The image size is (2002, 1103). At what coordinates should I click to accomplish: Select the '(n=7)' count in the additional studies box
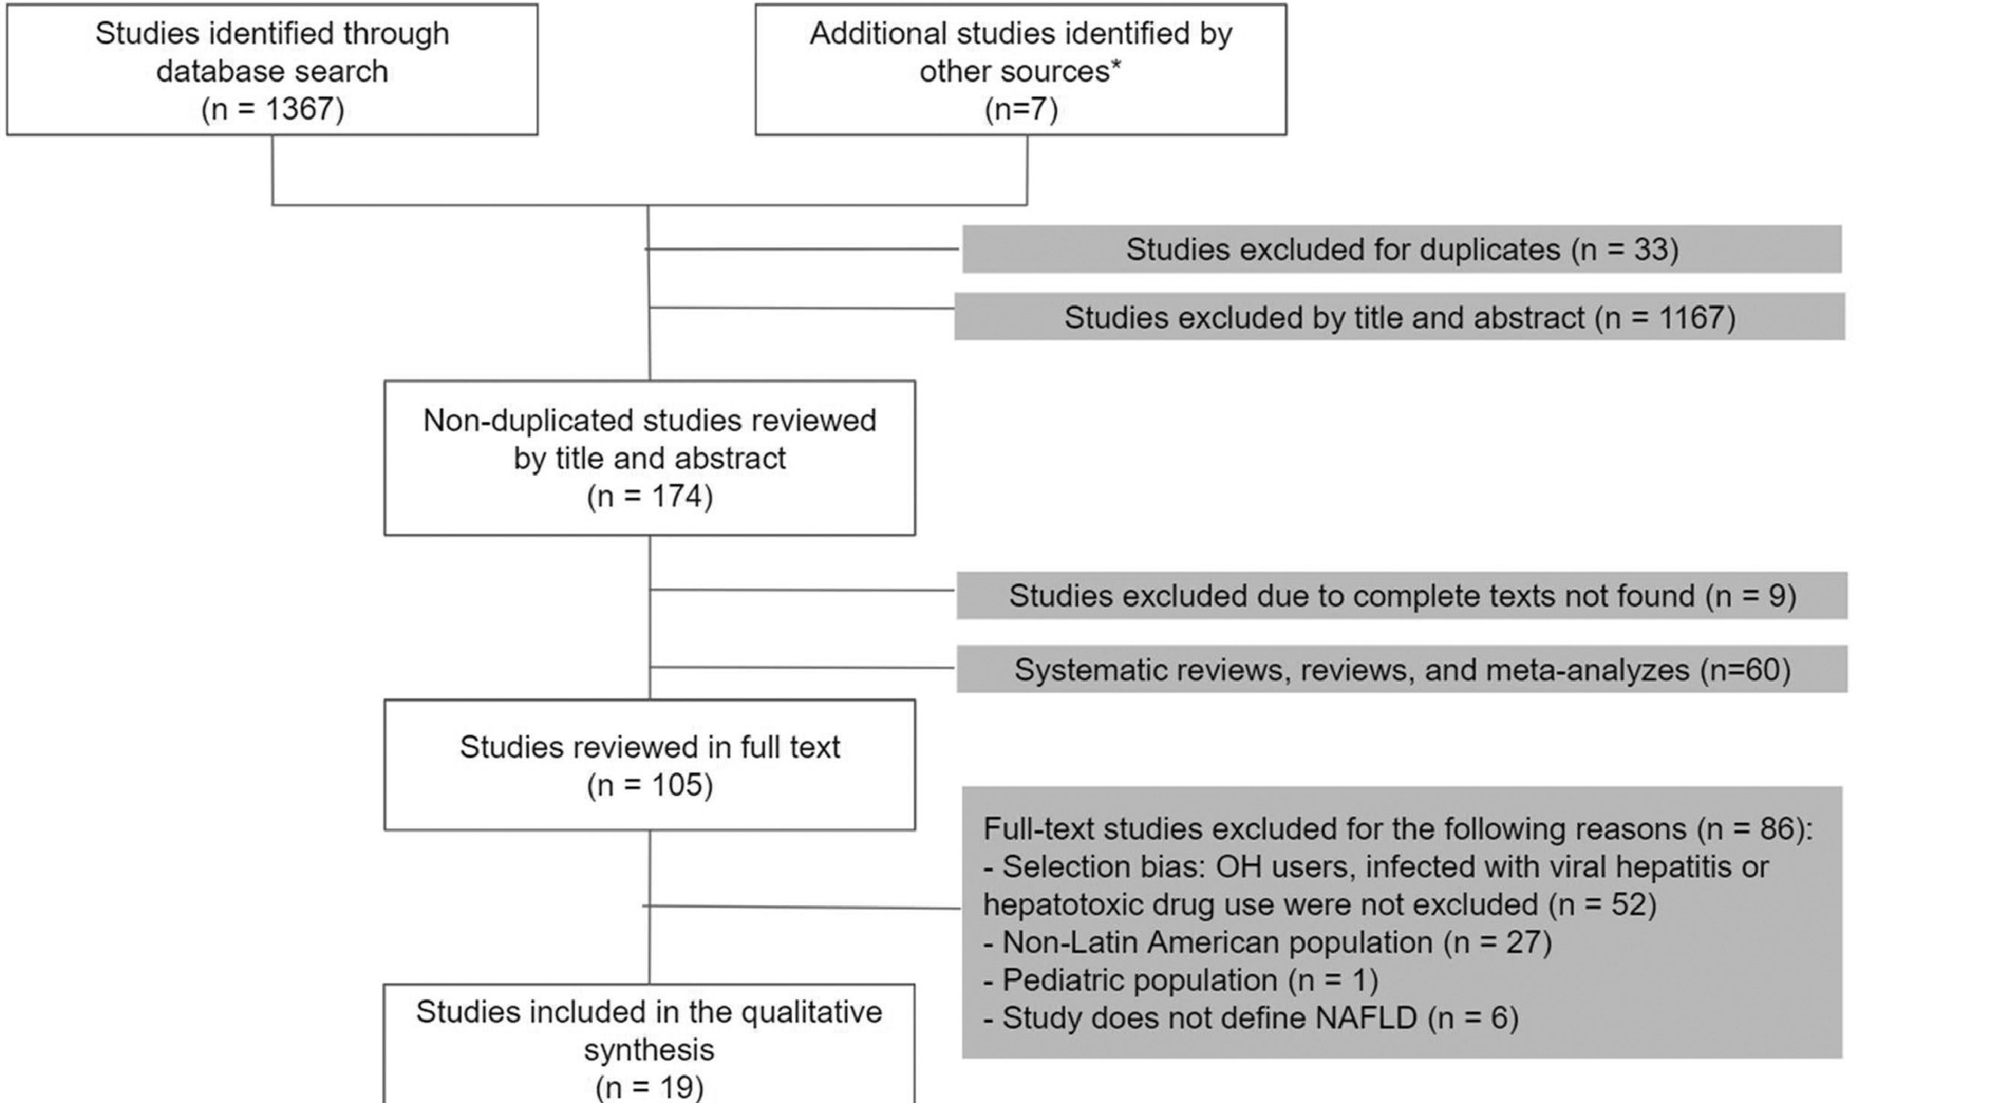tap(1020, 109)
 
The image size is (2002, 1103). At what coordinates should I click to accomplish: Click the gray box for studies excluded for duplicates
tap(1401, 249)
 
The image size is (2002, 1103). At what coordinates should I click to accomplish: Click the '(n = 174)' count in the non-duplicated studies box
tap(650, 496)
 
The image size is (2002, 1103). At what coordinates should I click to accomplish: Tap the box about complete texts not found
tap(1401, 595)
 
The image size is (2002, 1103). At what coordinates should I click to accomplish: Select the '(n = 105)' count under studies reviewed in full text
tap(650, 785)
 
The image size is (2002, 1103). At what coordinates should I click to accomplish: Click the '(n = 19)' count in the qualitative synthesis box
tap(650, 1086)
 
